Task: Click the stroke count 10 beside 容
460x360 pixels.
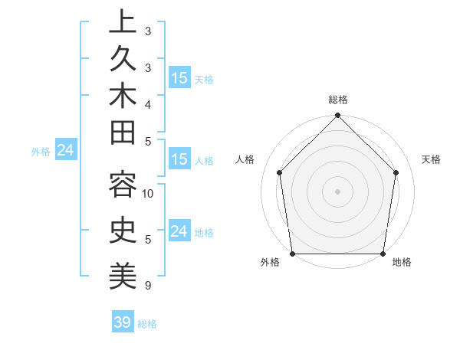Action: tap(149, 194)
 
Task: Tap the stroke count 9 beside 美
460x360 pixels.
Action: tap(148, 286)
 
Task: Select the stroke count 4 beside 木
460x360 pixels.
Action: tap(148, 104)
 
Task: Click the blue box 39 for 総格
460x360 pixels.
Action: tap(123, 322)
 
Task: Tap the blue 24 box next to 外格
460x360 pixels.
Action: tap(65, 151)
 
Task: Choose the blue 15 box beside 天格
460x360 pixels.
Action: tap(179, 78)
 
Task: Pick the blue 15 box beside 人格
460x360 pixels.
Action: tap(179, 160)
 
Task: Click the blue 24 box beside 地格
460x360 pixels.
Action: tap(179, 231)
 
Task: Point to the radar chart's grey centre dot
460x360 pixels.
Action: tap(337, 191)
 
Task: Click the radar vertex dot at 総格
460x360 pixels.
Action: tap(337, 116)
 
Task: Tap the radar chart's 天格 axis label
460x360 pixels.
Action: tap(432, 160)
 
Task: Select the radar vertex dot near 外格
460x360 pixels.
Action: tap(292, 254)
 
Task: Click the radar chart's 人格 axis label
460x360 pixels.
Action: tap(245, 160)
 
